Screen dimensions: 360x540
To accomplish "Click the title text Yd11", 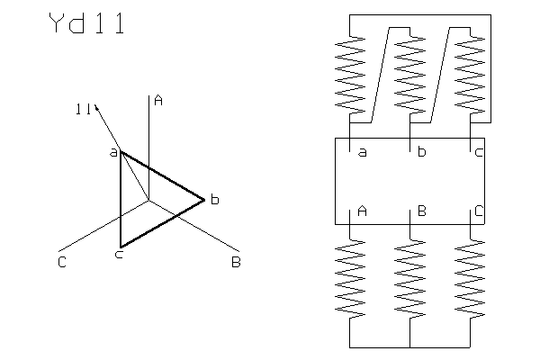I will coord(85,25).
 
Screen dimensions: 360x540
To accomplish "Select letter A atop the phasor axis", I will coord(158,101).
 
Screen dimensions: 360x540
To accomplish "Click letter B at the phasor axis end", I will coord(236,262).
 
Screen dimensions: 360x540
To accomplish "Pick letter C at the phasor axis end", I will coord(60,262).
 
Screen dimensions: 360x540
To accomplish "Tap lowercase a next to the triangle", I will coord(113,154).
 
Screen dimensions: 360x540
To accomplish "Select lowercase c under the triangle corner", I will coord(119,256).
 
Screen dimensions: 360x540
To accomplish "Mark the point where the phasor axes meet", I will coord(148,201).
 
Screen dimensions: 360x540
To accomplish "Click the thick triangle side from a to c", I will coord(121,200).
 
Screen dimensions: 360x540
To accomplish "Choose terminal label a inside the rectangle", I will coord(362,152).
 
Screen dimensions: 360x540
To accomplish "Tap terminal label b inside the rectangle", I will coord(420,152).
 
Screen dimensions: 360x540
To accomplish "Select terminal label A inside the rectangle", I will coord(362,211).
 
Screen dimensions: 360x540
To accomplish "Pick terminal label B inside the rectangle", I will coord(420,211).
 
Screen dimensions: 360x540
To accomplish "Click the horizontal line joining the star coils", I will coord(409,346).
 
